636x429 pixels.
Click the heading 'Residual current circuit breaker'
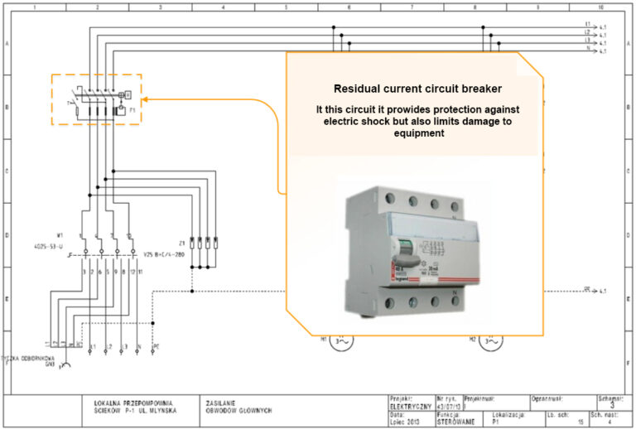(x=412, y=89)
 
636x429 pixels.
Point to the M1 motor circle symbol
(x=339, y=341)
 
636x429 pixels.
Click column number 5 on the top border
(x=286, y=6)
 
